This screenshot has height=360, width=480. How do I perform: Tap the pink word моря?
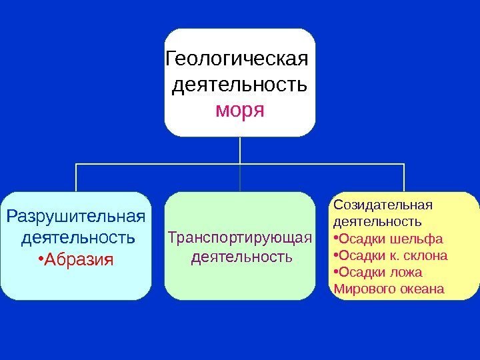(x=239, y=108)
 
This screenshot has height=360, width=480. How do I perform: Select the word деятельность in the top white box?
(x=239, y=85)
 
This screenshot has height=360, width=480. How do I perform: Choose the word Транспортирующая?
(x=240, y=238)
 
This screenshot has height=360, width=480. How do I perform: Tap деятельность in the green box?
(x=241, y=256)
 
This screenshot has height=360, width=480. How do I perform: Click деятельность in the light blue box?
(x=78, y=237)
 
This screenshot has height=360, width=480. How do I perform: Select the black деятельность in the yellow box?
(x=377, y=221)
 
